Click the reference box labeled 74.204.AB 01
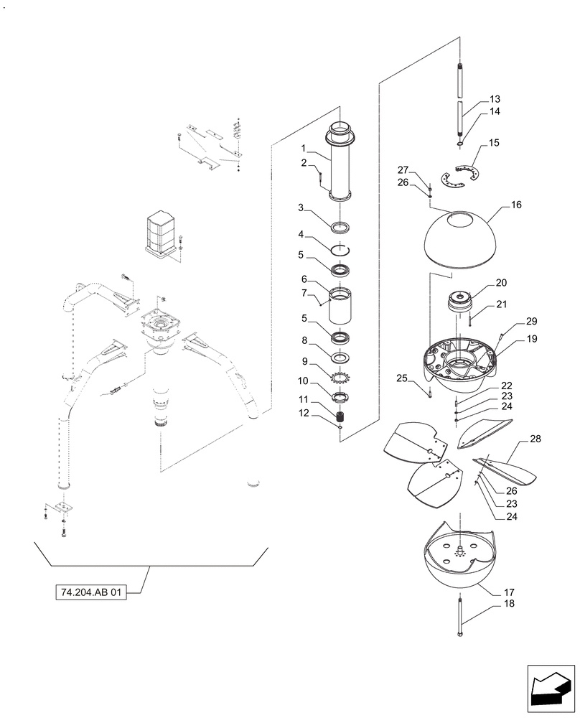point(90,594)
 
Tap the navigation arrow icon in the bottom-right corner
point(551,687)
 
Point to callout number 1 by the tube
point(304,149)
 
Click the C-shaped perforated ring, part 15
point(459,177)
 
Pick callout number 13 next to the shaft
point(495,99)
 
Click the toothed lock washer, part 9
point(340,376)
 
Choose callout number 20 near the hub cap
point(500,282)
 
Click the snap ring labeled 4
point(340,248)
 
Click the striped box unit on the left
point(163,231)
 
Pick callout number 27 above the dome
point(403,170)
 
